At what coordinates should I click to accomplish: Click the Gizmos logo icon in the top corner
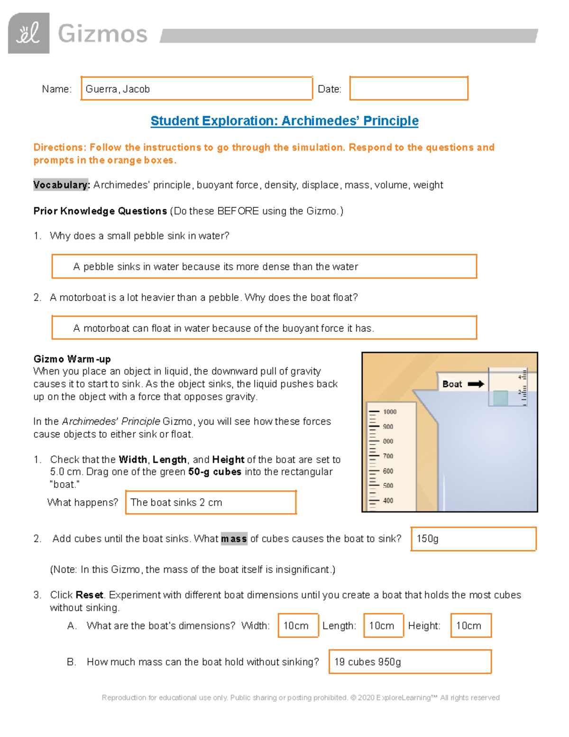[x=28, y=33]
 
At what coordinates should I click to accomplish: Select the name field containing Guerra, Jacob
[x=196, y=89]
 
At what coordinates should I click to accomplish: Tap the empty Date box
[x=409, y=89]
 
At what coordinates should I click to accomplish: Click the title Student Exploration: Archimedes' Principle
[x=284, y=121]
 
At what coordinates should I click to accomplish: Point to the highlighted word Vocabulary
[x=61, y=185]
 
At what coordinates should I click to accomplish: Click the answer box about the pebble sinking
[x=264, y=267]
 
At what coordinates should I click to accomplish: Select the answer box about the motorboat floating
[x=264, y=328]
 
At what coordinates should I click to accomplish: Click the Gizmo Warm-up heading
[x=72, y=359]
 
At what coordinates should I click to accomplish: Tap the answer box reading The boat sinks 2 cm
[x=211, y=503]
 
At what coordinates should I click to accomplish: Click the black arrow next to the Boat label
[x=476, y=384]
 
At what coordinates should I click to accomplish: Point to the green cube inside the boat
[x=500, y=398]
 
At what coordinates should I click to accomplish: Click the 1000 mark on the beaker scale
[x=390, y=412]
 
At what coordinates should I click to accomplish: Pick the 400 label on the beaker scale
[x=388, y=501]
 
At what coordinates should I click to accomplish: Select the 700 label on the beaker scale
[x=388, y=456]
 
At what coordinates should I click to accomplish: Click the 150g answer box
[x=473, y=539]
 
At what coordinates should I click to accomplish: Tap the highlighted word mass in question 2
[x=234, y=539]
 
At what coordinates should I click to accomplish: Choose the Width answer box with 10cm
[x=298, y=626]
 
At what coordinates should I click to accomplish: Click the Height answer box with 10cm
[x=471, y=626]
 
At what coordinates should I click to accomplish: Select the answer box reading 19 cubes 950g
[x=410, y=662]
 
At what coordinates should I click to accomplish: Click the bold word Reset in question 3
[x=89, y=595]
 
